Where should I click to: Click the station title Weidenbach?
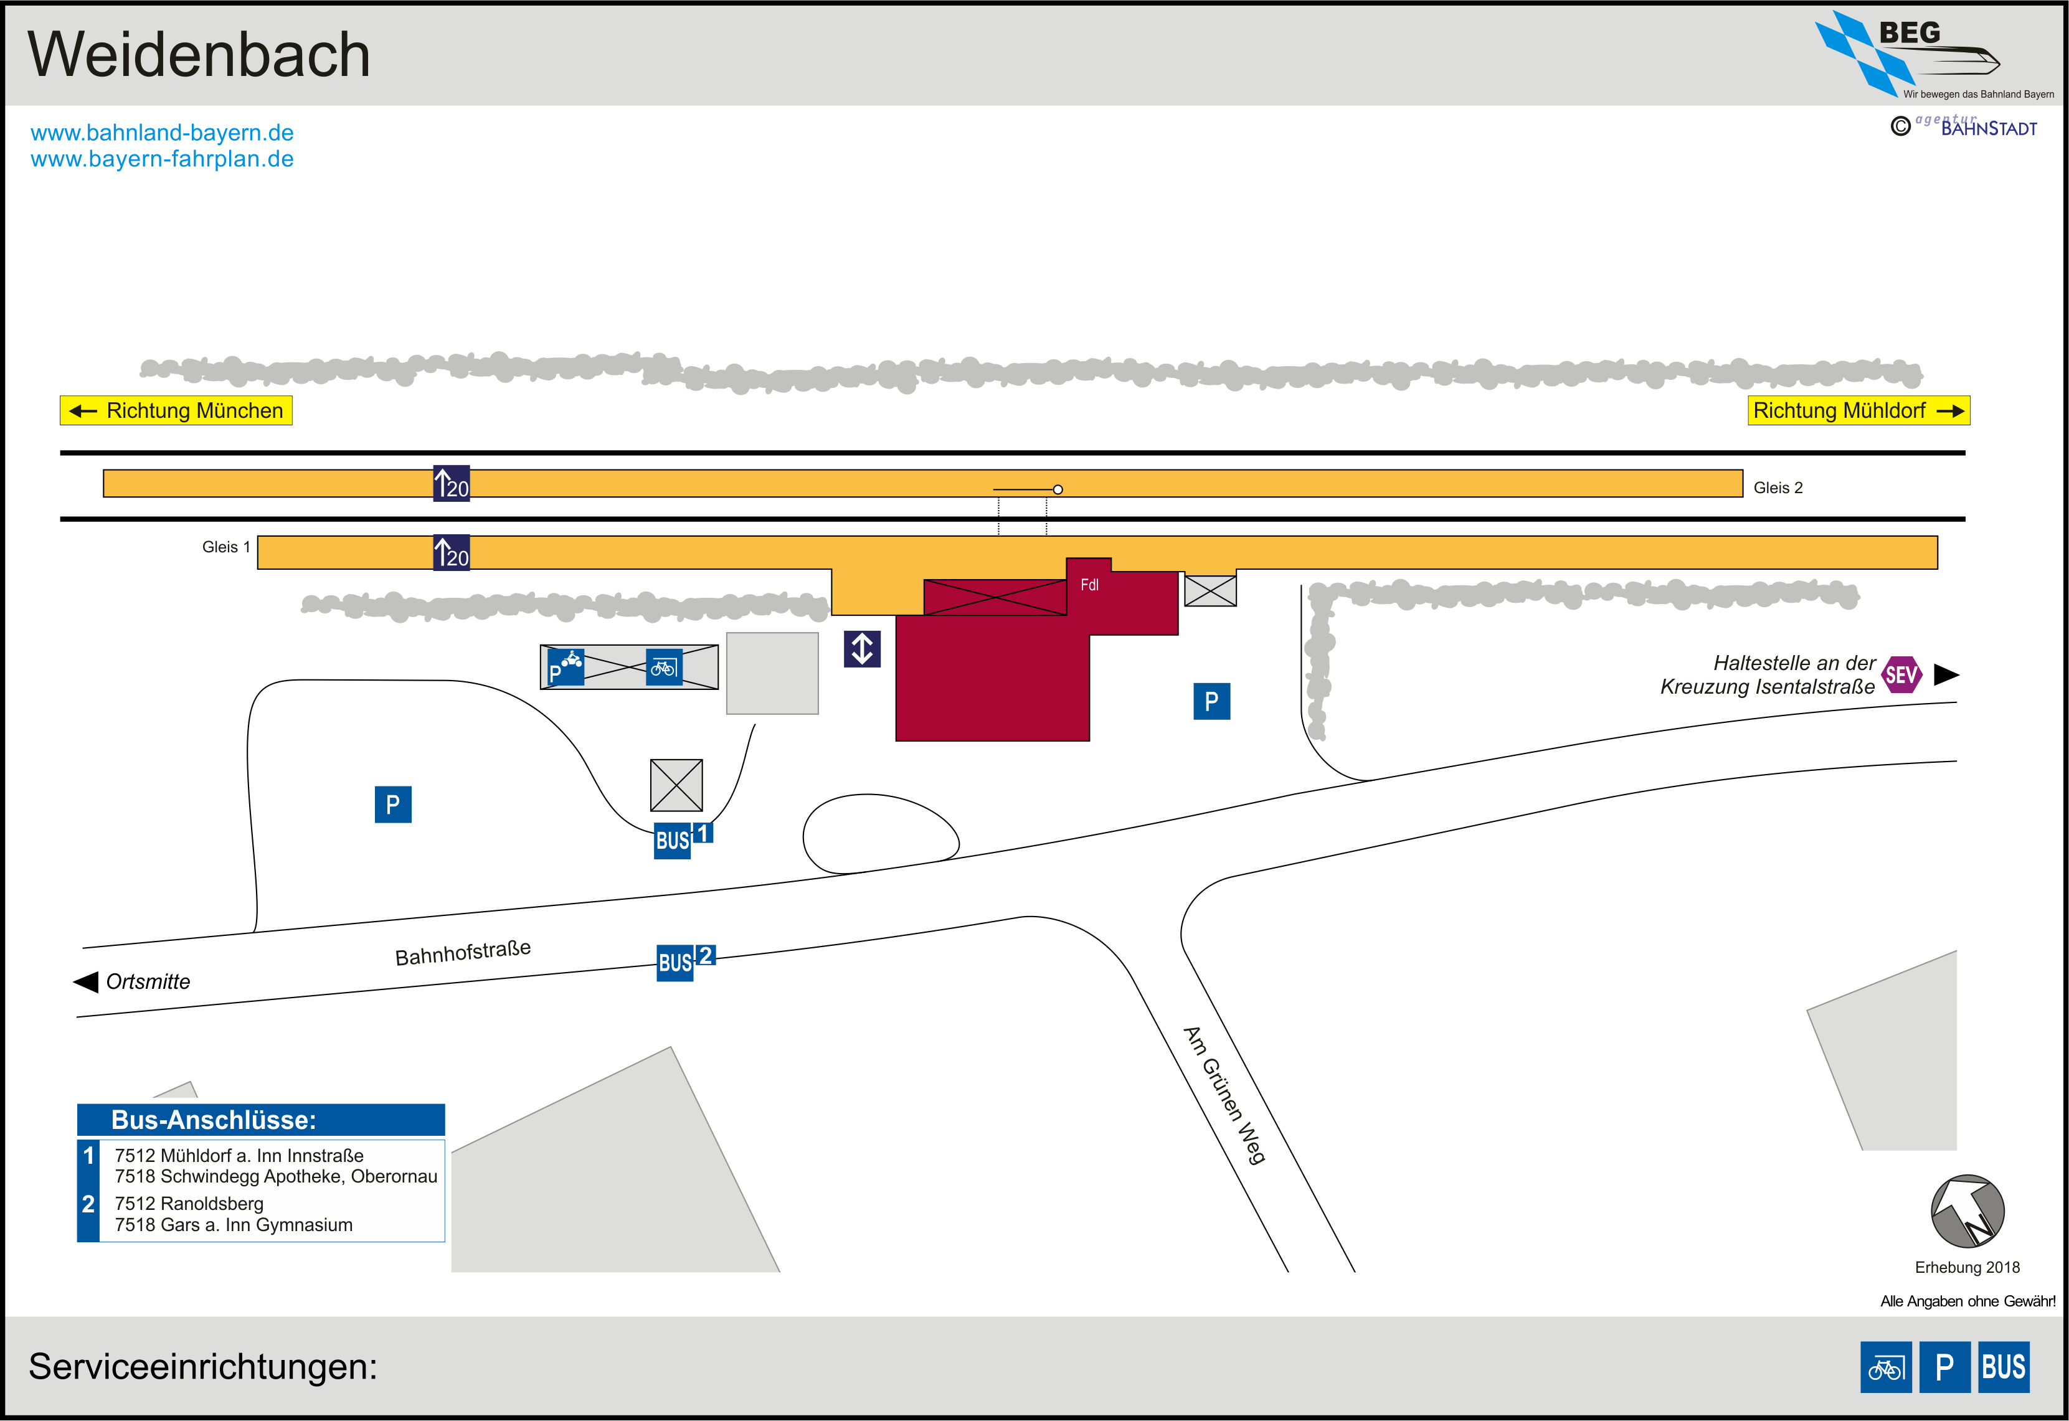[x=199, y=54]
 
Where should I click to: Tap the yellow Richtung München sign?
[x=176, y=410]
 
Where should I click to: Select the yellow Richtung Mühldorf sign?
[x=1859, y=410]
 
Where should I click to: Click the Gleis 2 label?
[x=1778, y=488]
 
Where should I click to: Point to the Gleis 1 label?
[x=226, y=547]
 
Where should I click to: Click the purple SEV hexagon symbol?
[x=1901, y=675]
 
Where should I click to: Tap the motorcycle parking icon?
[x=566, y=667]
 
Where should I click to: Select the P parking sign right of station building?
[x=1211, y=702]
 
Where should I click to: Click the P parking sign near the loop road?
[x=392, y=805]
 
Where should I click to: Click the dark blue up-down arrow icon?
[x=862, y=649]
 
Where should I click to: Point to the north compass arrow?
[x=1967, y=1212]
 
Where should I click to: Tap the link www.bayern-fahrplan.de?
[x=162, y=159]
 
